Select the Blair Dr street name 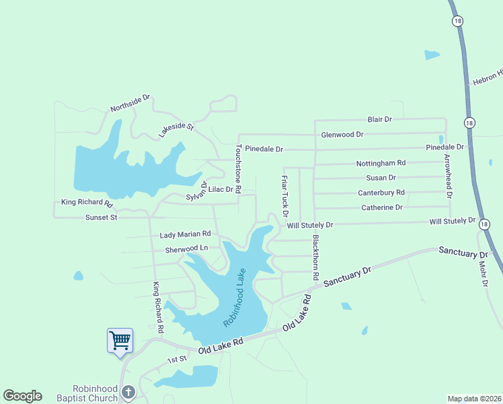click(379, 119)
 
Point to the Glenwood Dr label click(342, 135)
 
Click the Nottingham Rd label click(381, 163)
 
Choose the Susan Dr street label click(381, 178)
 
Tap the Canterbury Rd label click(381, 193)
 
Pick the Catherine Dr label click(381, 207)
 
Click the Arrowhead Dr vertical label click(448, 177)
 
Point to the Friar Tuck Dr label click(284, 196)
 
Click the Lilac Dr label click(220, 190)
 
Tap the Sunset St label click(101, 217)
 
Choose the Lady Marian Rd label click(185, 234)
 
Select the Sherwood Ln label click(186, 248)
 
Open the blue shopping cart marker click(120, 341)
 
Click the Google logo click(22, 396)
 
